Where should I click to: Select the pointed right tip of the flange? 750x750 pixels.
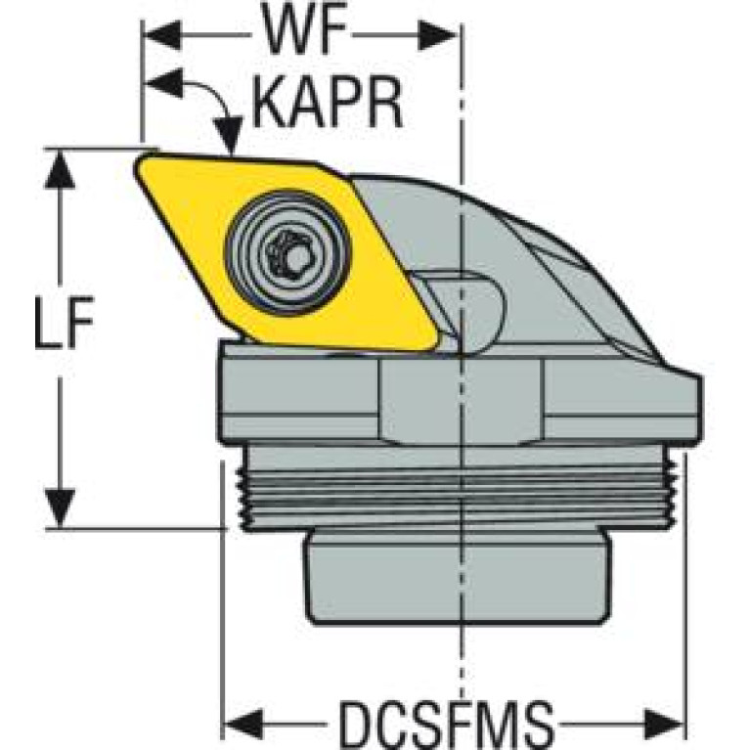click(x=696, y=381)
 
